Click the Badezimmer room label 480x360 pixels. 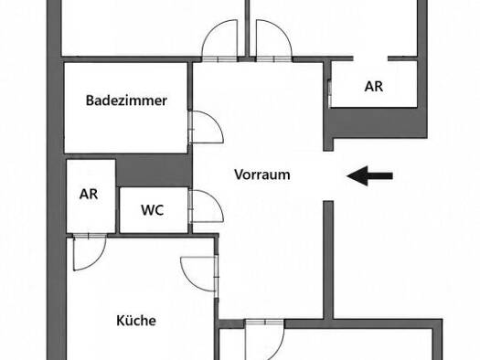point(126,101)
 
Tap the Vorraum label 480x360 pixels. point(262,175)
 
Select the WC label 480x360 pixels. point(152,210)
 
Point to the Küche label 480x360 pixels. point(136,320)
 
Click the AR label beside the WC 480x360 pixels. point(89,194)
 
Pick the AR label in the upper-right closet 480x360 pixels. point(374,87)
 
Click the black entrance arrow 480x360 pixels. point(369,175)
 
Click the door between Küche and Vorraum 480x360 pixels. point(199,274)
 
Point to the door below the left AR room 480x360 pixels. point(90,252)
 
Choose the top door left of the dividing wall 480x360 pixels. point(219,40)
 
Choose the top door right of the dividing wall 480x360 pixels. point(274,40)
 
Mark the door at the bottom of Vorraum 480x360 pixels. point(265,340)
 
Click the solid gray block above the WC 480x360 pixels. point(154,170)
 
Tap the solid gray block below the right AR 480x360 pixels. point(376,123)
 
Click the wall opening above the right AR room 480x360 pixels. point(370,58)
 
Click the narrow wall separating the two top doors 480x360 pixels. point(247,28)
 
